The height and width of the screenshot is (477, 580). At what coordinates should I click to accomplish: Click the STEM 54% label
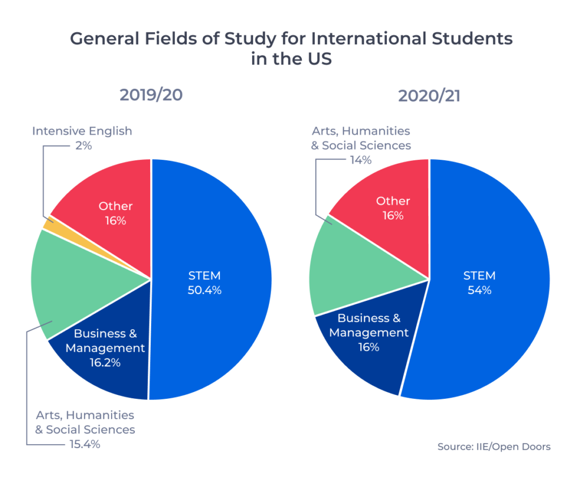pos(479,283)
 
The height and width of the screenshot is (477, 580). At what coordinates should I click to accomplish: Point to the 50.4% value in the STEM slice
pos(204,291)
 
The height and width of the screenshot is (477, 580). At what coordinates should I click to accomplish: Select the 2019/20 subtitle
pos(151,95)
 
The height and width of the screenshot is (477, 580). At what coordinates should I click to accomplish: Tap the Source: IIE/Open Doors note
pos(493,446)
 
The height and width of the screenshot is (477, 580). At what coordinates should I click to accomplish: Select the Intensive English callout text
pos(82,131)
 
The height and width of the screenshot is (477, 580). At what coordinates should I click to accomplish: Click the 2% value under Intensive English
pos(83,146)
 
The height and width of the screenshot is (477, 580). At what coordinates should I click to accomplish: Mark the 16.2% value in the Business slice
pos(105,363)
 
